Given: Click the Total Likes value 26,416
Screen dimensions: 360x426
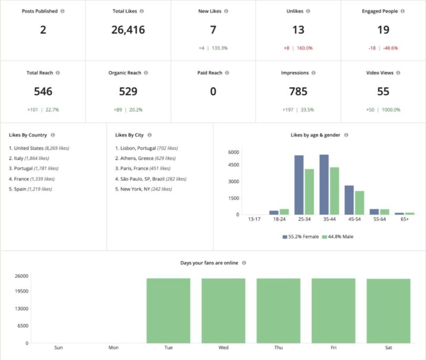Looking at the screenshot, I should coord(128,30).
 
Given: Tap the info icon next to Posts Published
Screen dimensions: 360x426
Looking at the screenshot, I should coord(63,11).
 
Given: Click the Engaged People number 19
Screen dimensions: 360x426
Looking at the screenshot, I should coord(383,30).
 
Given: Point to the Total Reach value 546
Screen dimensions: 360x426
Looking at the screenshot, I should coord(43,92).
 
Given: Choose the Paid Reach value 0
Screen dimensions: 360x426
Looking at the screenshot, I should coord(213,92).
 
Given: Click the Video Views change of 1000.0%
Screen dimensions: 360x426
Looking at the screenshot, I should coord(391,109).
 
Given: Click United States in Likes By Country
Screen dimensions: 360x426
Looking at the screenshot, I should coord(29,148).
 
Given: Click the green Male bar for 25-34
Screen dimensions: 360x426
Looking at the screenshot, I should coord(309,192).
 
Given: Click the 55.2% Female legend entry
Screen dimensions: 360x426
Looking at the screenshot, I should coord(301,236).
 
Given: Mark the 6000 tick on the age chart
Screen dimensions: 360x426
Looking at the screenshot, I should coord(234,152).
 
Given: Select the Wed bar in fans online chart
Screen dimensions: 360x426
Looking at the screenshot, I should coord(224,311).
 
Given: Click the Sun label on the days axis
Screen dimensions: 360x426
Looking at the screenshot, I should coord(58,348).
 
